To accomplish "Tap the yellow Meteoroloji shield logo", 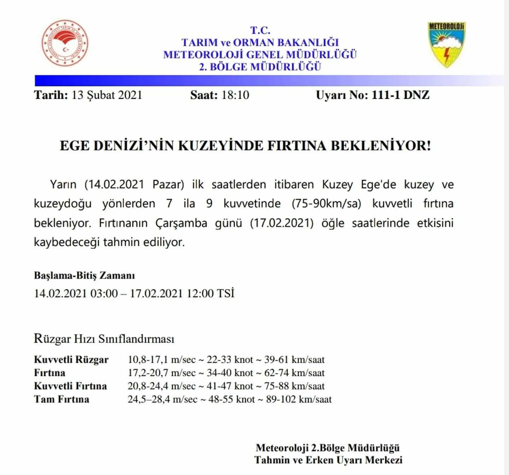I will tap(446, 44).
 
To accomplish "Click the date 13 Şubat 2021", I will tap(106, 95).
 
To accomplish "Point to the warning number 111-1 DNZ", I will tap(400, 95).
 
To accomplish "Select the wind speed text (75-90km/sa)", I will tap(326, 204).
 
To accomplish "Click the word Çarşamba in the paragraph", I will tap(181, 223).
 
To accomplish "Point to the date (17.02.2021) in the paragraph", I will tap(281, 223).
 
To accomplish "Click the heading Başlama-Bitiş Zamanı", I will tap(84, 275).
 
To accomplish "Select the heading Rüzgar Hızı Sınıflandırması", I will tap(104, 339).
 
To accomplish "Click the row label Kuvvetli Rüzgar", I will tap(71, 360).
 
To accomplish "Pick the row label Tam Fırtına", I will tap(62, 399).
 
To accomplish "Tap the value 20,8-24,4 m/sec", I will tap(162, 386).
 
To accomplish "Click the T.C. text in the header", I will tap(260, 30).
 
